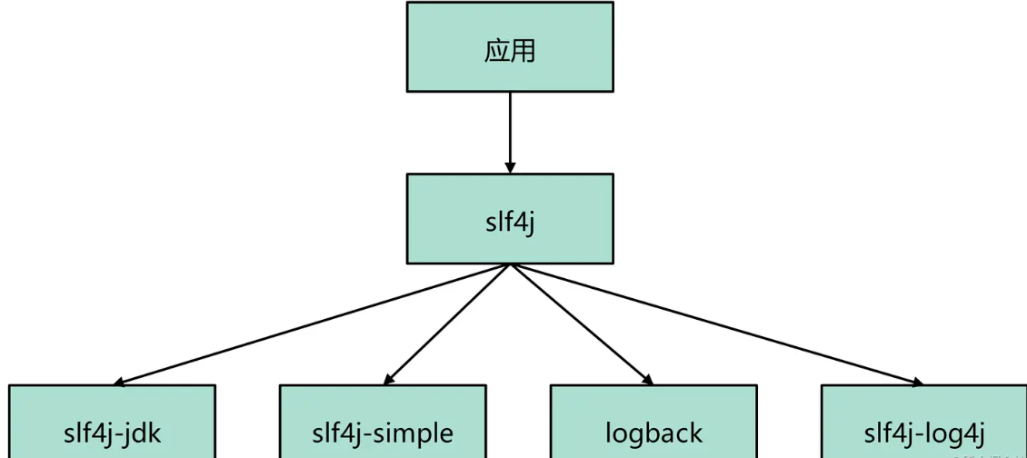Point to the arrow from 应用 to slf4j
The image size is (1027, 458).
tap(510, 127)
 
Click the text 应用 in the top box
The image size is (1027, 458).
tap(510, 50)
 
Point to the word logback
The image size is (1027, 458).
tap(653, 433)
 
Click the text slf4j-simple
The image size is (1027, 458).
tap(383, 433)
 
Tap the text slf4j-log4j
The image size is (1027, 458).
tap(924, 433)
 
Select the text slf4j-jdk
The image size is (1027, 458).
tap(113, 433)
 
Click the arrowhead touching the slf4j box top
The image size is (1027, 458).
tap(510, 167)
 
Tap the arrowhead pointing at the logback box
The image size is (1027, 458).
tap(646, 379)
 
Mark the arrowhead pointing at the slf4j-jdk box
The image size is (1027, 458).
tap(121, 382)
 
